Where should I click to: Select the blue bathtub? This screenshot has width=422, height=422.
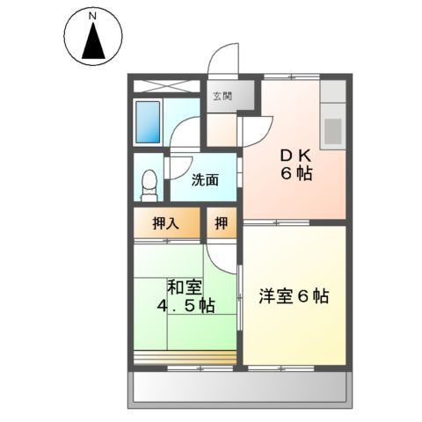click(x=149, y=122)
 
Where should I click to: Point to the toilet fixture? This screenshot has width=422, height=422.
click(x=149, y=184)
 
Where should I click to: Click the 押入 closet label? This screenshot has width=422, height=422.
click(x=167, y=223)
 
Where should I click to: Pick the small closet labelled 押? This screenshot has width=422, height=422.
click(x=222, y=223)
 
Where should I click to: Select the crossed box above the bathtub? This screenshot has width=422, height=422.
click(x=168, y=88)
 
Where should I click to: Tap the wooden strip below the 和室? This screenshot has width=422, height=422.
click(x=185, y=357)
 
